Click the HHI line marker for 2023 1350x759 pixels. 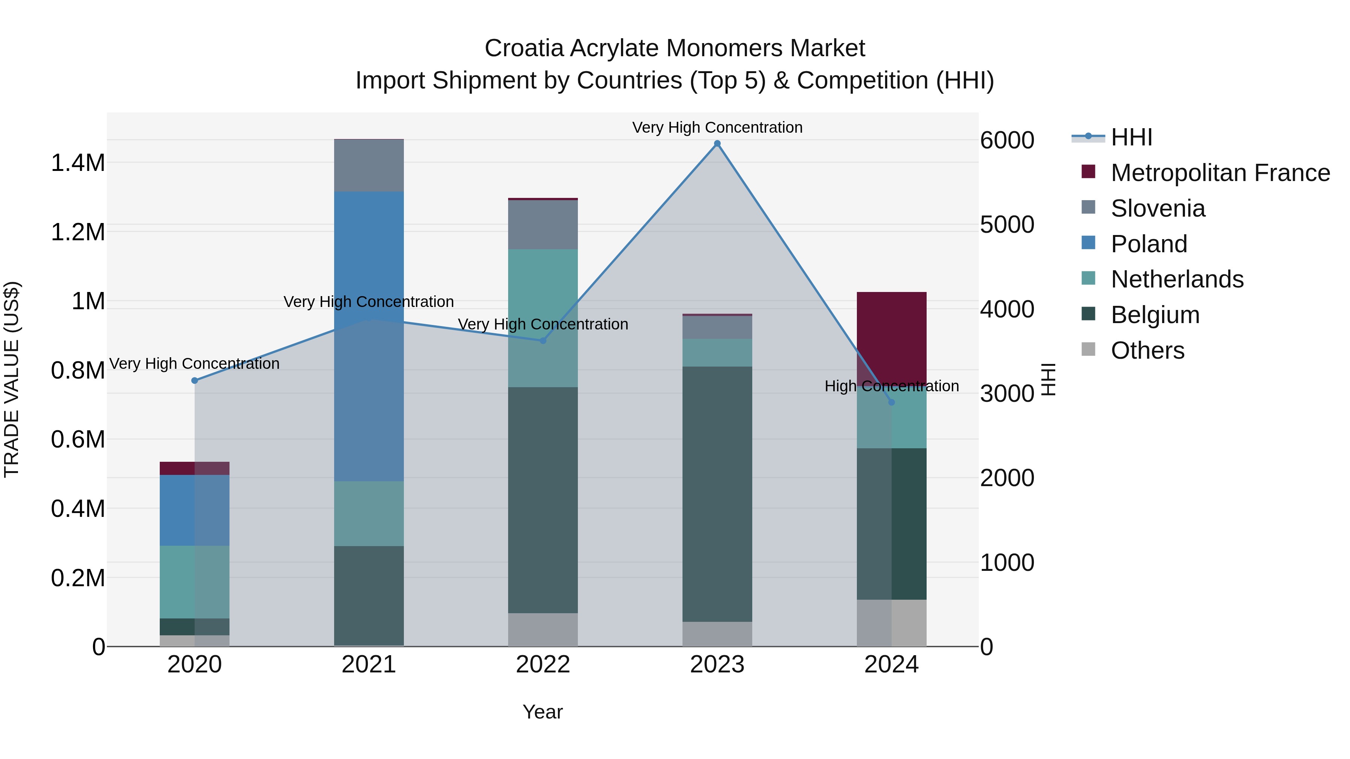(x=717, y=144)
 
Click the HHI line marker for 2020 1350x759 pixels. (x=194, y=380)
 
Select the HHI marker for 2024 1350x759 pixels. (x=891, y=402)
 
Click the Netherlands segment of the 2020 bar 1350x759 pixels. (x=194, y=581)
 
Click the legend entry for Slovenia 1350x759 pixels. (x=1158, y=208)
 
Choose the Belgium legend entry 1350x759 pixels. (x=1155, y=315)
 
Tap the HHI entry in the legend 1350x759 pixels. (x=1131, y=137)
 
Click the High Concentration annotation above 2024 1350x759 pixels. (x=891, y=386)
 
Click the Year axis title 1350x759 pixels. (x=542, y=712)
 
